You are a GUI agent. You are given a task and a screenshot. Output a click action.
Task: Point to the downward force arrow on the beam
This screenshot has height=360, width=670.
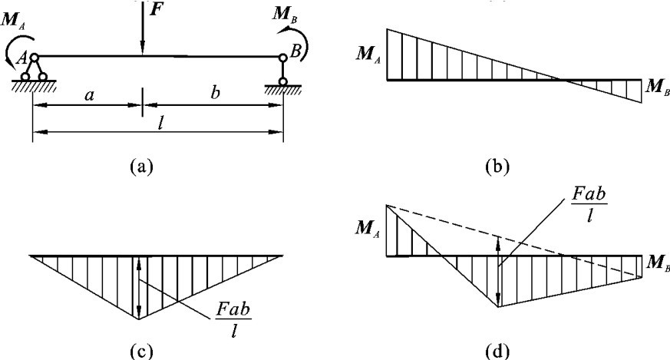pyautogui.click(x=143, y=31)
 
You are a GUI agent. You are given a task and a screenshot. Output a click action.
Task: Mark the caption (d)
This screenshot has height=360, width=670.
pyautogui.click(x=507, y=351)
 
